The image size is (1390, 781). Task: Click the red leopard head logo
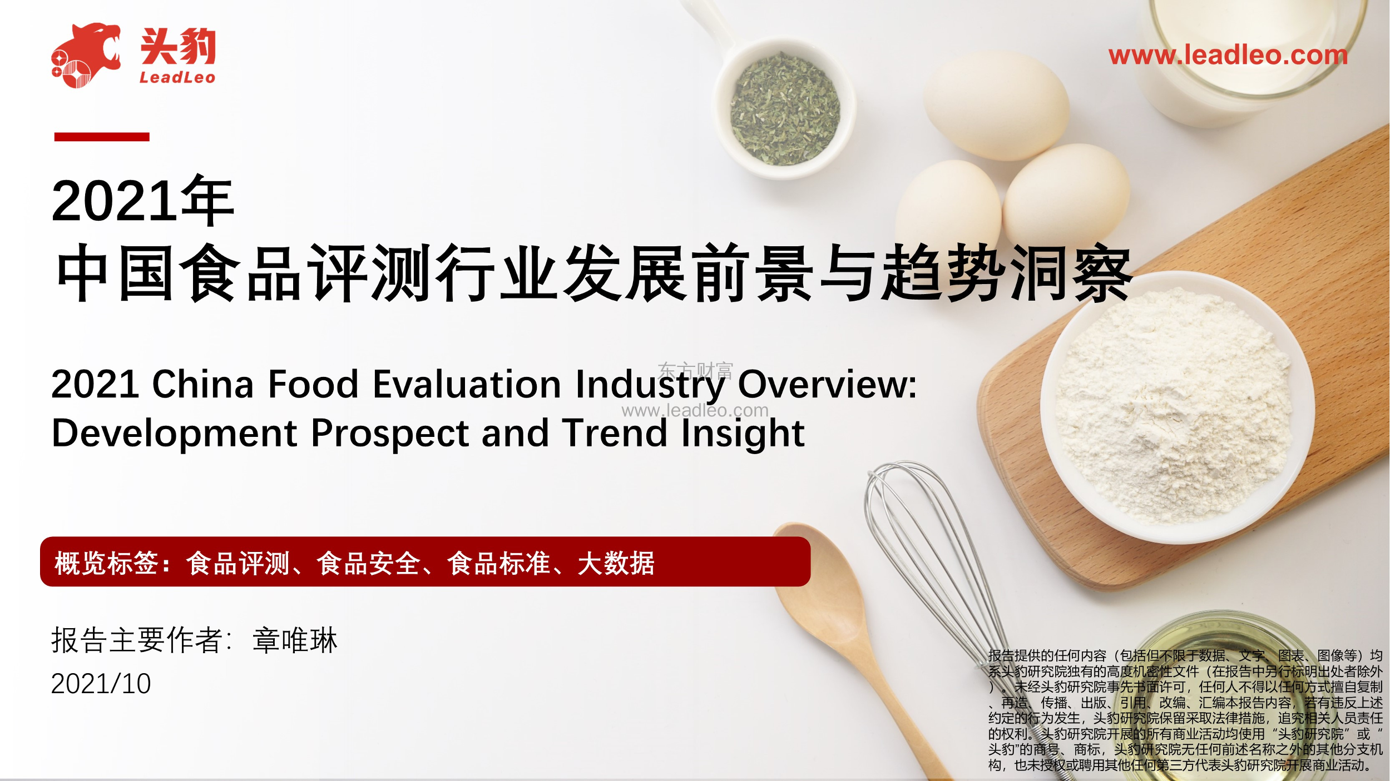point(86,55)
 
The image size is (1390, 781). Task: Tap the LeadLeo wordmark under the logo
point(177,77)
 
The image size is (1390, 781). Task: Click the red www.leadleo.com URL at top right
point(1228,55)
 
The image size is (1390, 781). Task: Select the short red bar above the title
point(102,137)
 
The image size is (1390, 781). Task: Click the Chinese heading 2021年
point(143,201)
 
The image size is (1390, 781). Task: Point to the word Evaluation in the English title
point(467,384)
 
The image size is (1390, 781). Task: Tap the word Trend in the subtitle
point(614,433)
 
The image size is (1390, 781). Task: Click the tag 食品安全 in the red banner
point(368,563)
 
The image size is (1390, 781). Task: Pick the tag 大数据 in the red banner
point(616,563)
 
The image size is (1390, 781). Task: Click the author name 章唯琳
point(295,640)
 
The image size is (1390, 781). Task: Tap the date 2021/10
point(101,684)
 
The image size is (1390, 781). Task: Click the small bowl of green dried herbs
point(784,108)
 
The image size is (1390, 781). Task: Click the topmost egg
point(996,106)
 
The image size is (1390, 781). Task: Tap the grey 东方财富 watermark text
point(695,371)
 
